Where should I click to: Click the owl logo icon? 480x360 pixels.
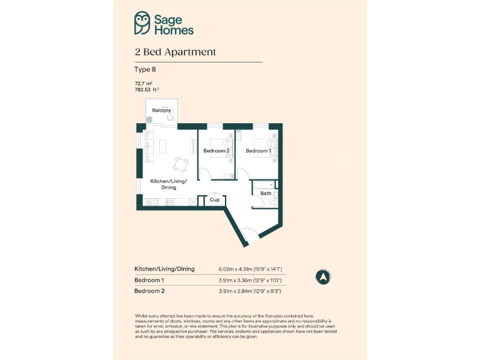click(x=142, y=23)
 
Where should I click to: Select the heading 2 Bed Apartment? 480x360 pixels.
click(x=175, y=52)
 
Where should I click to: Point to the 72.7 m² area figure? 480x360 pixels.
click(x=144, y=83)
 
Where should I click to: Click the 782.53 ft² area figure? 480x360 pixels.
click(x=147, y=89)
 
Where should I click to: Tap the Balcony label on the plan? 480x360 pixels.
click(x=161, y=111)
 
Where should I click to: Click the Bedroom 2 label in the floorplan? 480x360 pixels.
click(x=216, y=151)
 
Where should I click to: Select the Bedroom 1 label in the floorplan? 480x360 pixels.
click(x=258, y=151)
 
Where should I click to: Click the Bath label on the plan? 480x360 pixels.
click(x=266, y=194)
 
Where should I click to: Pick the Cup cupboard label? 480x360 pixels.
click(x=214, y=200)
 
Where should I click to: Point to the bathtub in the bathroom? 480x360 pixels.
click(x=263, y=184)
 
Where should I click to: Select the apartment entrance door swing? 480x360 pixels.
click(x=249, y=236)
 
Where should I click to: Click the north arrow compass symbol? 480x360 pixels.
click(x=324, y=276)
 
